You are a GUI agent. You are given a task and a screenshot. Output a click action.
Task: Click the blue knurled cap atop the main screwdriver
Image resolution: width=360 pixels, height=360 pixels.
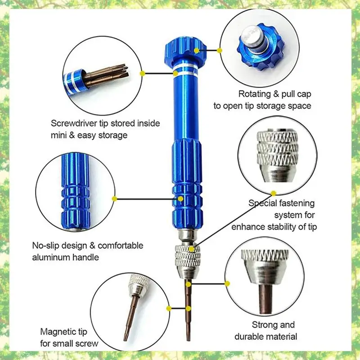(186, 49)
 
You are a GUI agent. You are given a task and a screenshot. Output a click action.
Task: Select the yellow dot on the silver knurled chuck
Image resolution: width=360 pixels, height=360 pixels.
(193, 248)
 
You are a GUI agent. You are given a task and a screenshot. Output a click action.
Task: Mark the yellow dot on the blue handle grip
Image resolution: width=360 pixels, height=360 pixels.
(180, 198)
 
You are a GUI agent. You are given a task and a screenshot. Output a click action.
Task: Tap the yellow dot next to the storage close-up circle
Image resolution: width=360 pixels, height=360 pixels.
(142, 72)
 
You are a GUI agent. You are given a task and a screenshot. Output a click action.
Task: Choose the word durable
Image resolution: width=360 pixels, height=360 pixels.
(248, 336)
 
